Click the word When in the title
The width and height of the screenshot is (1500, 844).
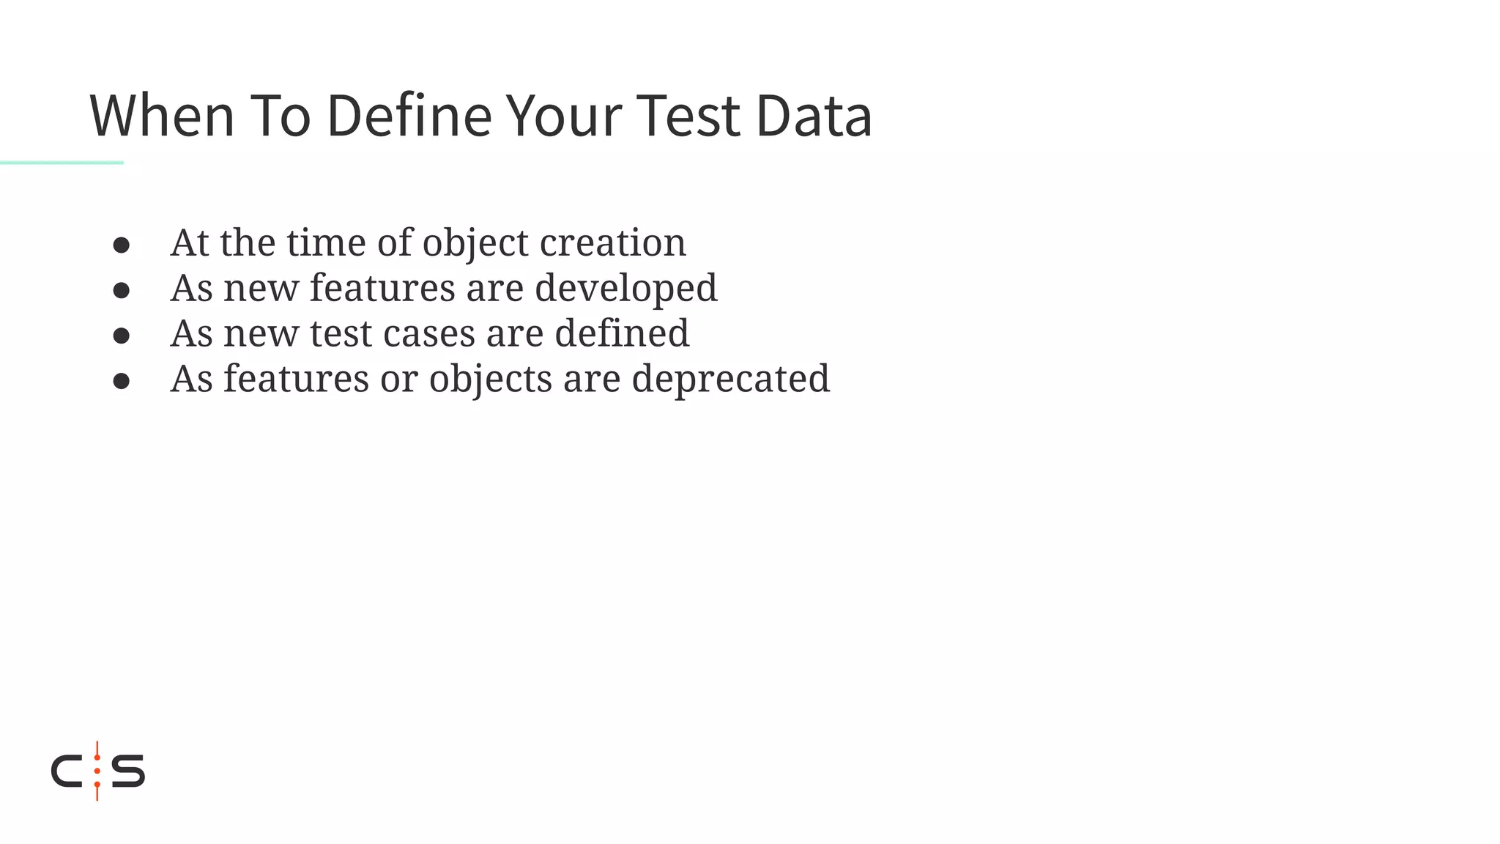162,116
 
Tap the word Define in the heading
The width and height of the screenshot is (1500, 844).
409,116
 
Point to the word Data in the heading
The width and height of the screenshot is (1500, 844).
814,116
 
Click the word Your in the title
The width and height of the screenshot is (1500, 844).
564,116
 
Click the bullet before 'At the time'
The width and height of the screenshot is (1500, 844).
122,245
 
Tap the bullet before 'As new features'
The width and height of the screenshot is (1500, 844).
122,290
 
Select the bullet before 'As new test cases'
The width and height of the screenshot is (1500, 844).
122,336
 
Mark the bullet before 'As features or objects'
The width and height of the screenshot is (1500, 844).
122,381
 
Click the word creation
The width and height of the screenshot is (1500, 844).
613,243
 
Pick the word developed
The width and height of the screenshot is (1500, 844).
626,289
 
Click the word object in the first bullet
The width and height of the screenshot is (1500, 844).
475,243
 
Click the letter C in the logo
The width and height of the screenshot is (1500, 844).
66,771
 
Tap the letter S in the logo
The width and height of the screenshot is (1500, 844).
128,771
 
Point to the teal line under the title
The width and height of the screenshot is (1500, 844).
62,163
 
